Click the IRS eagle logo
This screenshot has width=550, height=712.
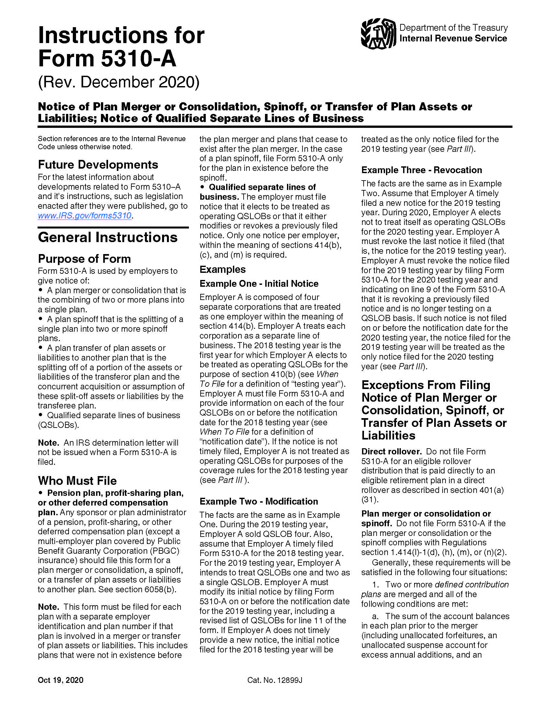(378, 34)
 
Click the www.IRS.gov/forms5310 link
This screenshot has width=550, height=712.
(84, 216)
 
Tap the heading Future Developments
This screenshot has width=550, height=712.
(98, 165)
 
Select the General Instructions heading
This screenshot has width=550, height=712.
(107, 237)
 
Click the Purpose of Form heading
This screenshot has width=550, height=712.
(84, 259)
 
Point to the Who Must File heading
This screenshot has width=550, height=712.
(77, 481)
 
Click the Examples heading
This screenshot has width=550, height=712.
(223, 269)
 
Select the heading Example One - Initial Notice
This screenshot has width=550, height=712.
(259, 284)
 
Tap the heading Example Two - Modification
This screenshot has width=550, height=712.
(259, 501)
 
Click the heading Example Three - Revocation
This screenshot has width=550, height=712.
(421, 170)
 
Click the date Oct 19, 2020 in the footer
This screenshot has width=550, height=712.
(60, 680)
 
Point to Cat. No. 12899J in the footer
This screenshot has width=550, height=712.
(274, 680)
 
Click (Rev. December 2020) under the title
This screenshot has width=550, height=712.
(119, 82)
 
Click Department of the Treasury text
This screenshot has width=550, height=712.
(453, 28)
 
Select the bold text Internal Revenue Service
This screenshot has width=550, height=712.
(453, 39)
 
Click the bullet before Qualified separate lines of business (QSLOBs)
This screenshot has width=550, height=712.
(41, 415)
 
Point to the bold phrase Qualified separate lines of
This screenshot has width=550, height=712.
(262, 187)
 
